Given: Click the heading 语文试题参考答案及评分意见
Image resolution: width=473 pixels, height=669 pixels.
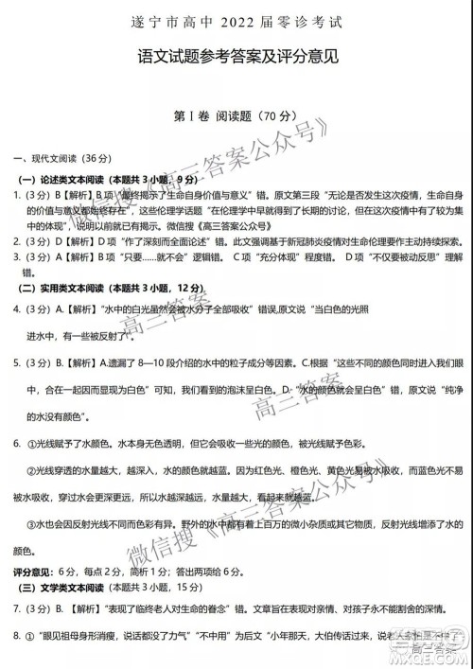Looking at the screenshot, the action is [236, 58].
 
